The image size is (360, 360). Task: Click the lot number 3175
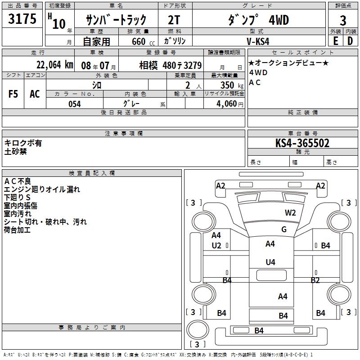coord(22,19)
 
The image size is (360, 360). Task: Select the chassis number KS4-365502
coord(302,143)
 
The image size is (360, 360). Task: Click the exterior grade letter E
coord(335,41)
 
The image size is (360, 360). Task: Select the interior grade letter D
coord(350,41)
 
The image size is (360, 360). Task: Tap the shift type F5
coord(13,94)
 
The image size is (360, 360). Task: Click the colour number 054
coord(74,104)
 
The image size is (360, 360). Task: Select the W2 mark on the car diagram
coord(290,213)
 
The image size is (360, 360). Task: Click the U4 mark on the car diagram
coord(270,262)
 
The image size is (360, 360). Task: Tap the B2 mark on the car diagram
coord(315,280)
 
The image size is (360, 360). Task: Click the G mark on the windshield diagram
coord(284,229)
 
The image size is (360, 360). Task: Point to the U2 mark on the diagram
coord(216,245)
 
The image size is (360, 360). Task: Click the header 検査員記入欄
coord(92,173)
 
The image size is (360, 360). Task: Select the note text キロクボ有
coord(23,143)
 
